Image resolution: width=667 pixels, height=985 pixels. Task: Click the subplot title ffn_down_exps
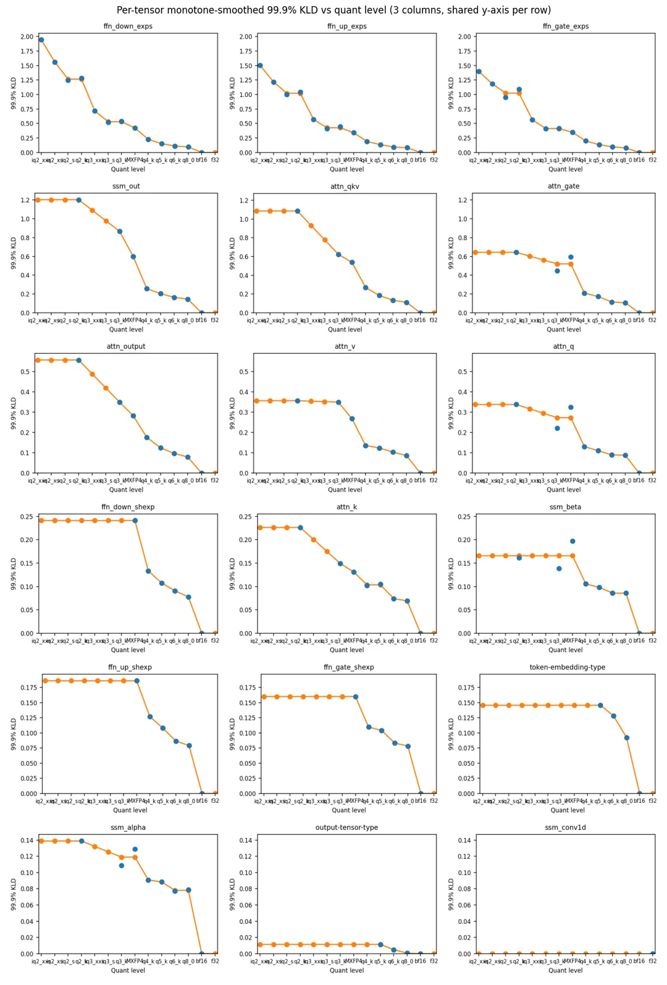coord(128,27)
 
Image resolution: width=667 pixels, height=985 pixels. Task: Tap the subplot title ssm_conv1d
coord(565,828)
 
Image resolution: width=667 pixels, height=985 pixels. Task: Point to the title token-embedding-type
coord(567,668)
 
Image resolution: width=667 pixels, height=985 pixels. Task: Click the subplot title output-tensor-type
coord(346,828)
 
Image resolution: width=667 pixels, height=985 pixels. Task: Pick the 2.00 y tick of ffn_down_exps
coord(27,37)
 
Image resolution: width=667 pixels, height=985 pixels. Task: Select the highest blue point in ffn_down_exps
coord(41,40)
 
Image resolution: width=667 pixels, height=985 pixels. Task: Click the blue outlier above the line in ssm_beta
coord(573,541)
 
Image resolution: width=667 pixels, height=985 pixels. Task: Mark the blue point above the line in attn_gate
coord(571,257)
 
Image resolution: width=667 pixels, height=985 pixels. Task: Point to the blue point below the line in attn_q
coord(557,428)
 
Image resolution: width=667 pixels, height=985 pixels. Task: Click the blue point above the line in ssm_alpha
coord(135,849)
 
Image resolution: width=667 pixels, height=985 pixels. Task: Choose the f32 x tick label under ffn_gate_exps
coord(652,160)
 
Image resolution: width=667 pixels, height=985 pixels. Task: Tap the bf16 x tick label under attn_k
coord(421,641)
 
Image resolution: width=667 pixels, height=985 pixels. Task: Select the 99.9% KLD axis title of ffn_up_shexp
coord(14,734)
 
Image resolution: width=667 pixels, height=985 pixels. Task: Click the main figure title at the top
coord(333,10)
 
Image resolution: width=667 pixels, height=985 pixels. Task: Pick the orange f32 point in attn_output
coord(215,473)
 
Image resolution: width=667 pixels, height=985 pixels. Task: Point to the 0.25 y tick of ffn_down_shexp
coord(27,517)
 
